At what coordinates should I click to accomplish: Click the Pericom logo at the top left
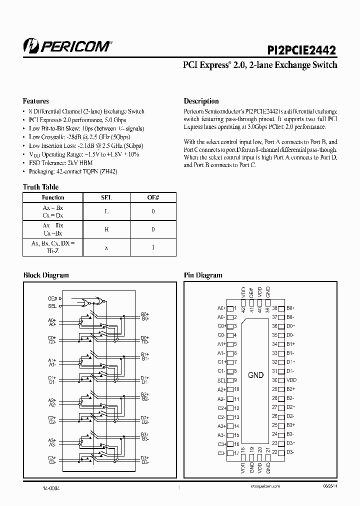coord(67,46)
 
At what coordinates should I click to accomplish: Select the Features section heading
coord(36,101)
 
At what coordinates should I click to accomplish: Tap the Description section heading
coord(201,101)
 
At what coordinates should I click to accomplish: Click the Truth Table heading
coord(40,187)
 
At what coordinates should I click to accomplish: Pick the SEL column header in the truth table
coord(105,197)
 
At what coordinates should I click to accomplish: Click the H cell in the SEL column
coord(105,229)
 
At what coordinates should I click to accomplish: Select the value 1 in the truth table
coord(153,247)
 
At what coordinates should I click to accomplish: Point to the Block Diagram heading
coord(46,275)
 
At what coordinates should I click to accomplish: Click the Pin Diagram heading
coord(203,275)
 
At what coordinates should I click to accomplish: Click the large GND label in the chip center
coord(255,375)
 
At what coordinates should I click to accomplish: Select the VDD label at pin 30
coord(291,380)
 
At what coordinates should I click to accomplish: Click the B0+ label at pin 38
coord(290,308)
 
